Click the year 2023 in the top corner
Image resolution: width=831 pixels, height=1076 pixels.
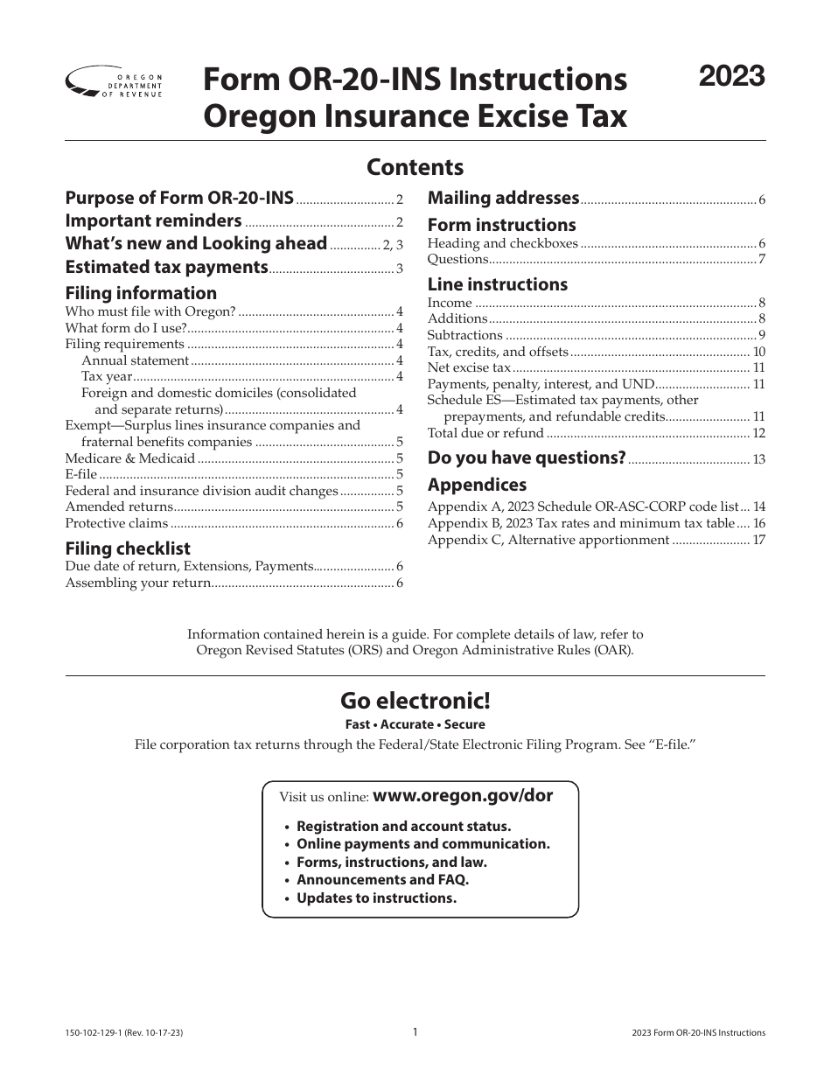click(x=732, y=77)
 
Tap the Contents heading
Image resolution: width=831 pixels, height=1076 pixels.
click(x=415, y=166)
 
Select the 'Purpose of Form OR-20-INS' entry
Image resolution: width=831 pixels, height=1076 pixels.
click(x=180, y=198)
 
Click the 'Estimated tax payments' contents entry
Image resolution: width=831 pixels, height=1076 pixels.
click(x=167, y=267)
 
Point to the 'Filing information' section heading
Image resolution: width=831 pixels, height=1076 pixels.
click(x=141, y=293)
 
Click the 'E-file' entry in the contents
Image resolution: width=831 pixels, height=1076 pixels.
click(x=81, y=474)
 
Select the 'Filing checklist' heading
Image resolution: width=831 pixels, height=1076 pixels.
click(x=128, y=548)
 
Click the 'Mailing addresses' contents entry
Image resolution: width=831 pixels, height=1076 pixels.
click(x=503, y=198)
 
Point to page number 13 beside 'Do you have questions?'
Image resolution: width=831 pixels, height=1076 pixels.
click(x=758, y=459)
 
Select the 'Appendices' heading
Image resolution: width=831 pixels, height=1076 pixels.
click(x=477, y=485)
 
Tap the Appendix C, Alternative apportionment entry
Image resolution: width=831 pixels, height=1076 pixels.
click(x=548, y=540)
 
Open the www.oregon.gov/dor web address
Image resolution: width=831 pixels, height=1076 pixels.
click(x=463, y=796)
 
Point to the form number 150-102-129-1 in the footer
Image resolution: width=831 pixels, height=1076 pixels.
click(x=95, y=1032)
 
